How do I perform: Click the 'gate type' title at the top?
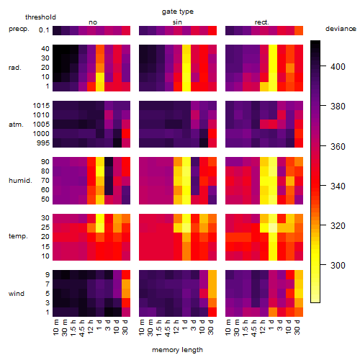point(178,12)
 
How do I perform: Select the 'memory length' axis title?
point(177,350)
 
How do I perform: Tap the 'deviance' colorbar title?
point(341,29)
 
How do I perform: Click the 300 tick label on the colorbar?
point(338,265)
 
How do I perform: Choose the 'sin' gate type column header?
point(177,22)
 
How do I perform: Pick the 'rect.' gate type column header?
point(261,22)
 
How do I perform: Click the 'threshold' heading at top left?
point(40,17)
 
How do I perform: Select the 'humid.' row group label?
point(20,181)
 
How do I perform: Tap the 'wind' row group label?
point(17,294)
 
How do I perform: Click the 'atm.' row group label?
point(16,125)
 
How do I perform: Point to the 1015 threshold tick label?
point(41,106)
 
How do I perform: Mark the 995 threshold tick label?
point(43,143)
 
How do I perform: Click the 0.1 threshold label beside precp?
point(44,30)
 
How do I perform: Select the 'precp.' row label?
point(19,29)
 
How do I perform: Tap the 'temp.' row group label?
point(18,236)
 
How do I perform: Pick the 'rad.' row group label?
point(15,68)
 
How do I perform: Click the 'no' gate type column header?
point(93,22)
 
